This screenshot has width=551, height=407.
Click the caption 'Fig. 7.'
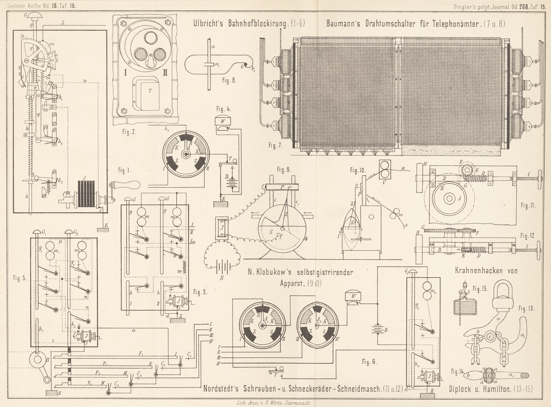(x=274, y=145)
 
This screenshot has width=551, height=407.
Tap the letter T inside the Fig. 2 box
(x=150, y=90)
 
